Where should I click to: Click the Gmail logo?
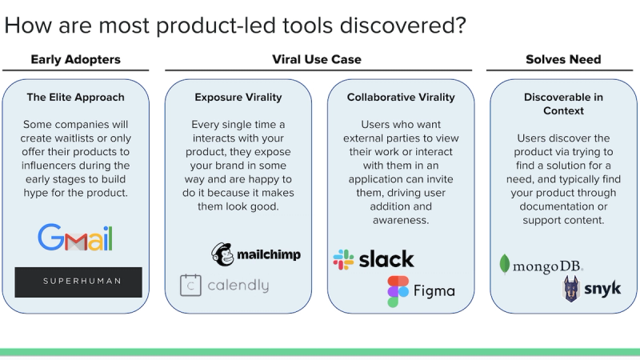(x=75, y=238)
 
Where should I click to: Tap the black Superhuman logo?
(x=78, y=282)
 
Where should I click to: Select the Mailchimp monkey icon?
(x=222, y=254)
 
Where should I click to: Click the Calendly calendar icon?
(x=190, y=286)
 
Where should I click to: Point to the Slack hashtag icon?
(x=343, y=259)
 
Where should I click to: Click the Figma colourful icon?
(x=398, y=292)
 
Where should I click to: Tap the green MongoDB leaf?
(x=505, y=264)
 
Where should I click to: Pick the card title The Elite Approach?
(x=75, y=98)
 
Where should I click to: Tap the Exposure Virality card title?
(x=238, y=98)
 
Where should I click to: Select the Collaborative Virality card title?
(x=401, y=98)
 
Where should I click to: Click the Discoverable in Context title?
(x=563, y=103)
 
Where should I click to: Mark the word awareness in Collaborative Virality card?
(x=400, y=220)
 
